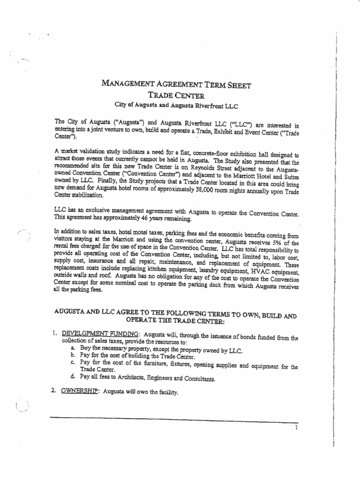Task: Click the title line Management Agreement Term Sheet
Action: (x=176, y=85)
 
